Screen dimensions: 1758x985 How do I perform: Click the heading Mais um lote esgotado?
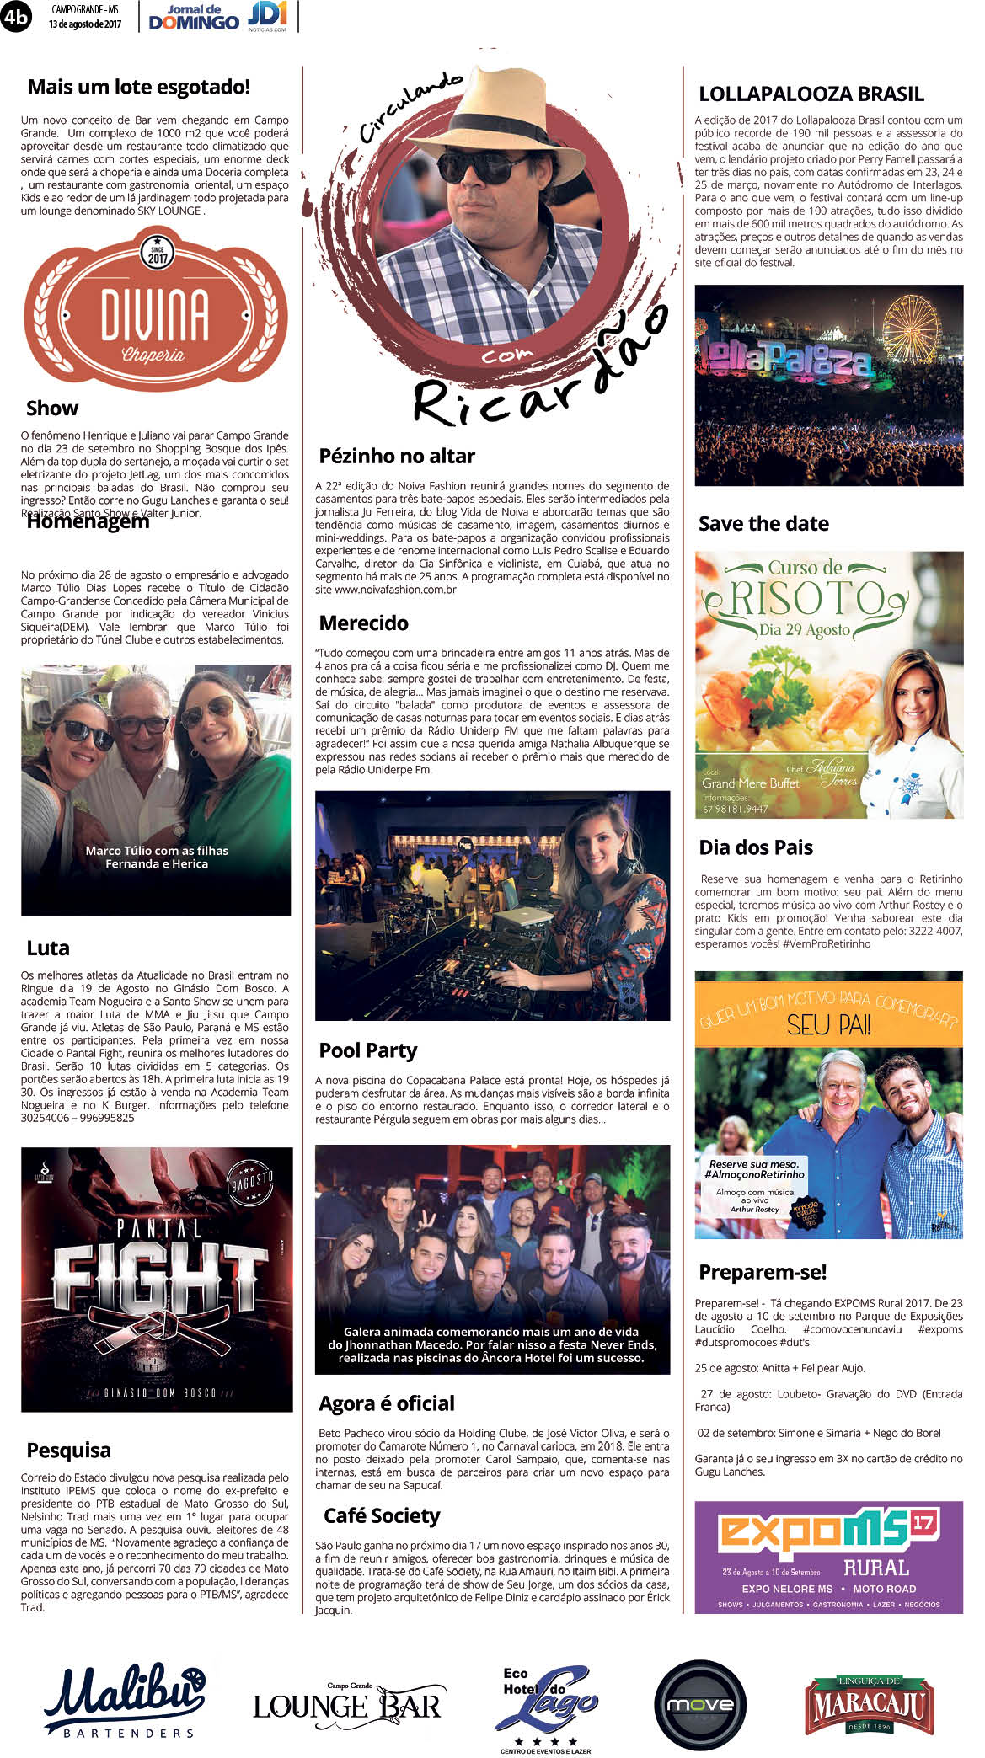coord(139,87)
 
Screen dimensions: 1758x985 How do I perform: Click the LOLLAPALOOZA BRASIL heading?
coord(811,94)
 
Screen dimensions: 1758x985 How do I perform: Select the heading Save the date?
coord(763,524)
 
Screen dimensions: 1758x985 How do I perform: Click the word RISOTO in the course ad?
coord(806,598)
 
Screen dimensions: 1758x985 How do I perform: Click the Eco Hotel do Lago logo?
coord(545,1706)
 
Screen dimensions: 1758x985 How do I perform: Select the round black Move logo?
coord(700,1705)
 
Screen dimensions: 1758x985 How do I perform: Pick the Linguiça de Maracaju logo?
coord(870,1705)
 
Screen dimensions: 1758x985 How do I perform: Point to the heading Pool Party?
coord(368,1050)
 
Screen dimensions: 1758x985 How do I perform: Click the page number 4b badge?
coord(16,17)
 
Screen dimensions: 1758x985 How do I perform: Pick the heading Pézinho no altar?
coord(397,456)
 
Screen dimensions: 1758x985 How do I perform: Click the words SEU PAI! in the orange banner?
coord(828,1025)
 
